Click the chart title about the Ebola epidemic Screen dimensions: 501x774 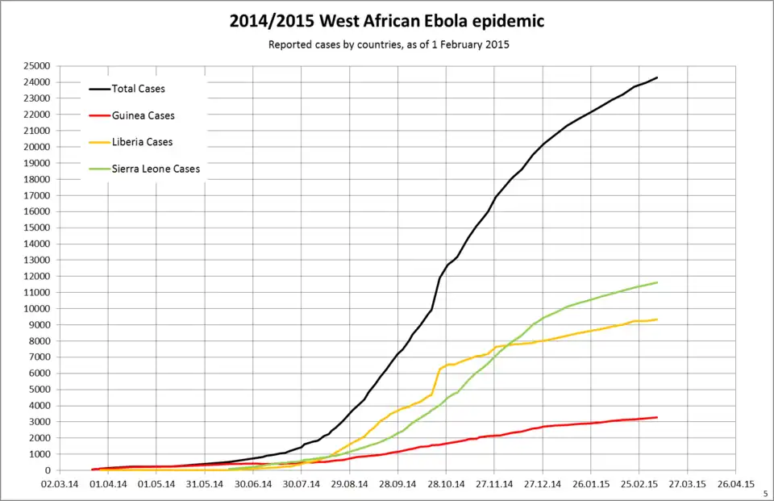click(x=387, y=21)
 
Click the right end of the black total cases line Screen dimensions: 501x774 click(x=657, y=77)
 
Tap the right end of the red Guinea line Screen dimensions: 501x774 click(x=657, y=417)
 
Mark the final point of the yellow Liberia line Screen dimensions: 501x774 click(x=657, y=319)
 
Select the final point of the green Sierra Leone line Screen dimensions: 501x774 click(x=657, y=282)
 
